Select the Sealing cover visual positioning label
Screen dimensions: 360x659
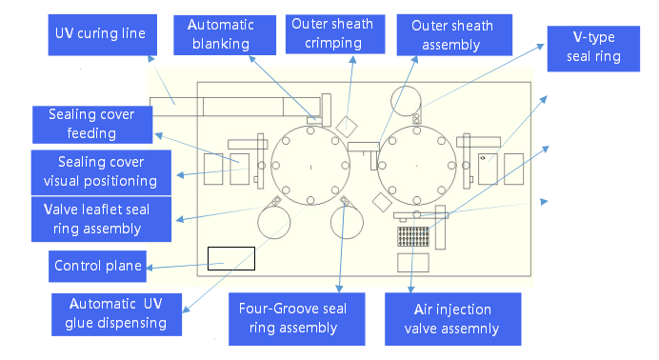click(x=102, y=170)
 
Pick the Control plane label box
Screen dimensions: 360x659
click(x=97, y=266)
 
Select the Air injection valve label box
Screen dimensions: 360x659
click(x=452, y=318)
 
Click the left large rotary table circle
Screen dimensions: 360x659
click(x=310, y=166)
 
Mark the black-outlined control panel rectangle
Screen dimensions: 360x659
click(x=231, y=257)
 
